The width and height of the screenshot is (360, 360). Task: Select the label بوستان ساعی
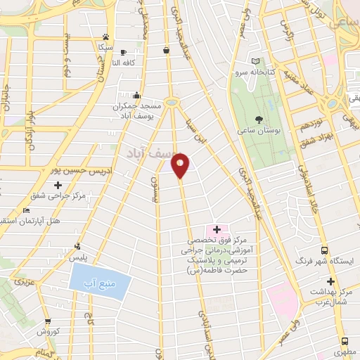point(259,131)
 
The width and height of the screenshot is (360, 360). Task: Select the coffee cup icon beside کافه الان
point(123,52)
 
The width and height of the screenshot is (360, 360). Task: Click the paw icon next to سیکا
point(105,37)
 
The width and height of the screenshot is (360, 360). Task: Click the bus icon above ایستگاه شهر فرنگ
point(324,250)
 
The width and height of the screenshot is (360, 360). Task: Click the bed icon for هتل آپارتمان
point(27,210)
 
